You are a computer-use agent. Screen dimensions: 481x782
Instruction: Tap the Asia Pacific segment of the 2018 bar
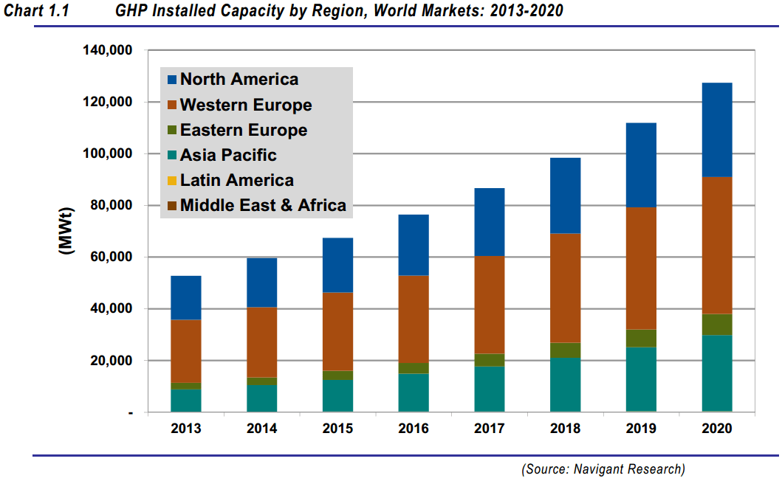pos(565,384)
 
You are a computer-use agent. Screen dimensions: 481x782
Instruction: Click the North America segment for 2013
pos(186,298)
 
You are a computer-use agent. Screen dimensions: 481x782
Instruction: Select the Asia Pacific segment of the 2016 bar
pos(414,392)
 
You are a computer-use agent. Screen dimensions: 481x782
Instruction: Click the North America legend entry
pos(239,80)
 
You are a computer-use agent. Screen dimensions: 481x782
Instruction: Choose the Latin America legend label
pos(236,181)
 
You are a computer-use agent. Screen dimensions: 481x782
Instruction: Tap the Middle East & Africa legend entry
pos(263,206)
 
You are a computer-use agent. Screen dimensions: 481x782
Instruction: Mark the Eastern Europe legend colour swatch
pos(172,131)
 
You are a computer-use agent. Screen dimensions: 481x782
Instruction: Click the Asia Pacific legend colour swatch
pos(172,156)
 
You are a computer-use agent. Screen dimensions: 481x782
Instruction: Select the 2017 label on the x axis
pos(489,429)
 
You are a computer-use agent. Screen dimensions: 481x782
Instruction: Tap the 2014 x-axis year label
pos(261,429)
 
